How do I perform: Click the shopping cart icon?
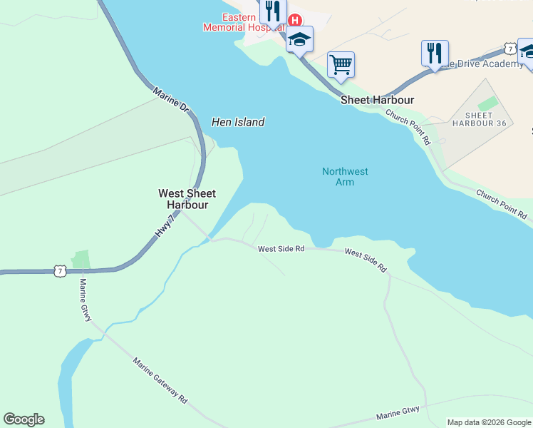(341, 64)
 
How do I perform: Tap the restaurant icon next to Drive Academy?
(435, 52)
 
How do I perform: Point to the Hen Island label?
(238, 122)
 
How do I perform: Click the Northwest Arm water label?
(345, 176)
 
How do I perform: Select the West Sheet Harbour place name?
(187, 199)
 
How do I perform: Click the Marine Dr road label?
(170, 99)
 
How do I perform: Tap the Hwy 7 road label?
(164, 225)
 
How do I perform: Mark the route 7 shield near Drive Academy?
(508, 48)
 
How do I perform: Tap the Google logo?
(24, 419)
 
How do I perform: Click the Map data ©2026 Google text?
(489, 422)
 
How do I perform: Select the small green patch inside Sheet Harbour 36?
(488, 103)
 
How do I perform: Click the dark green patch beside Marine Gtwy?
(81, 259)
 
